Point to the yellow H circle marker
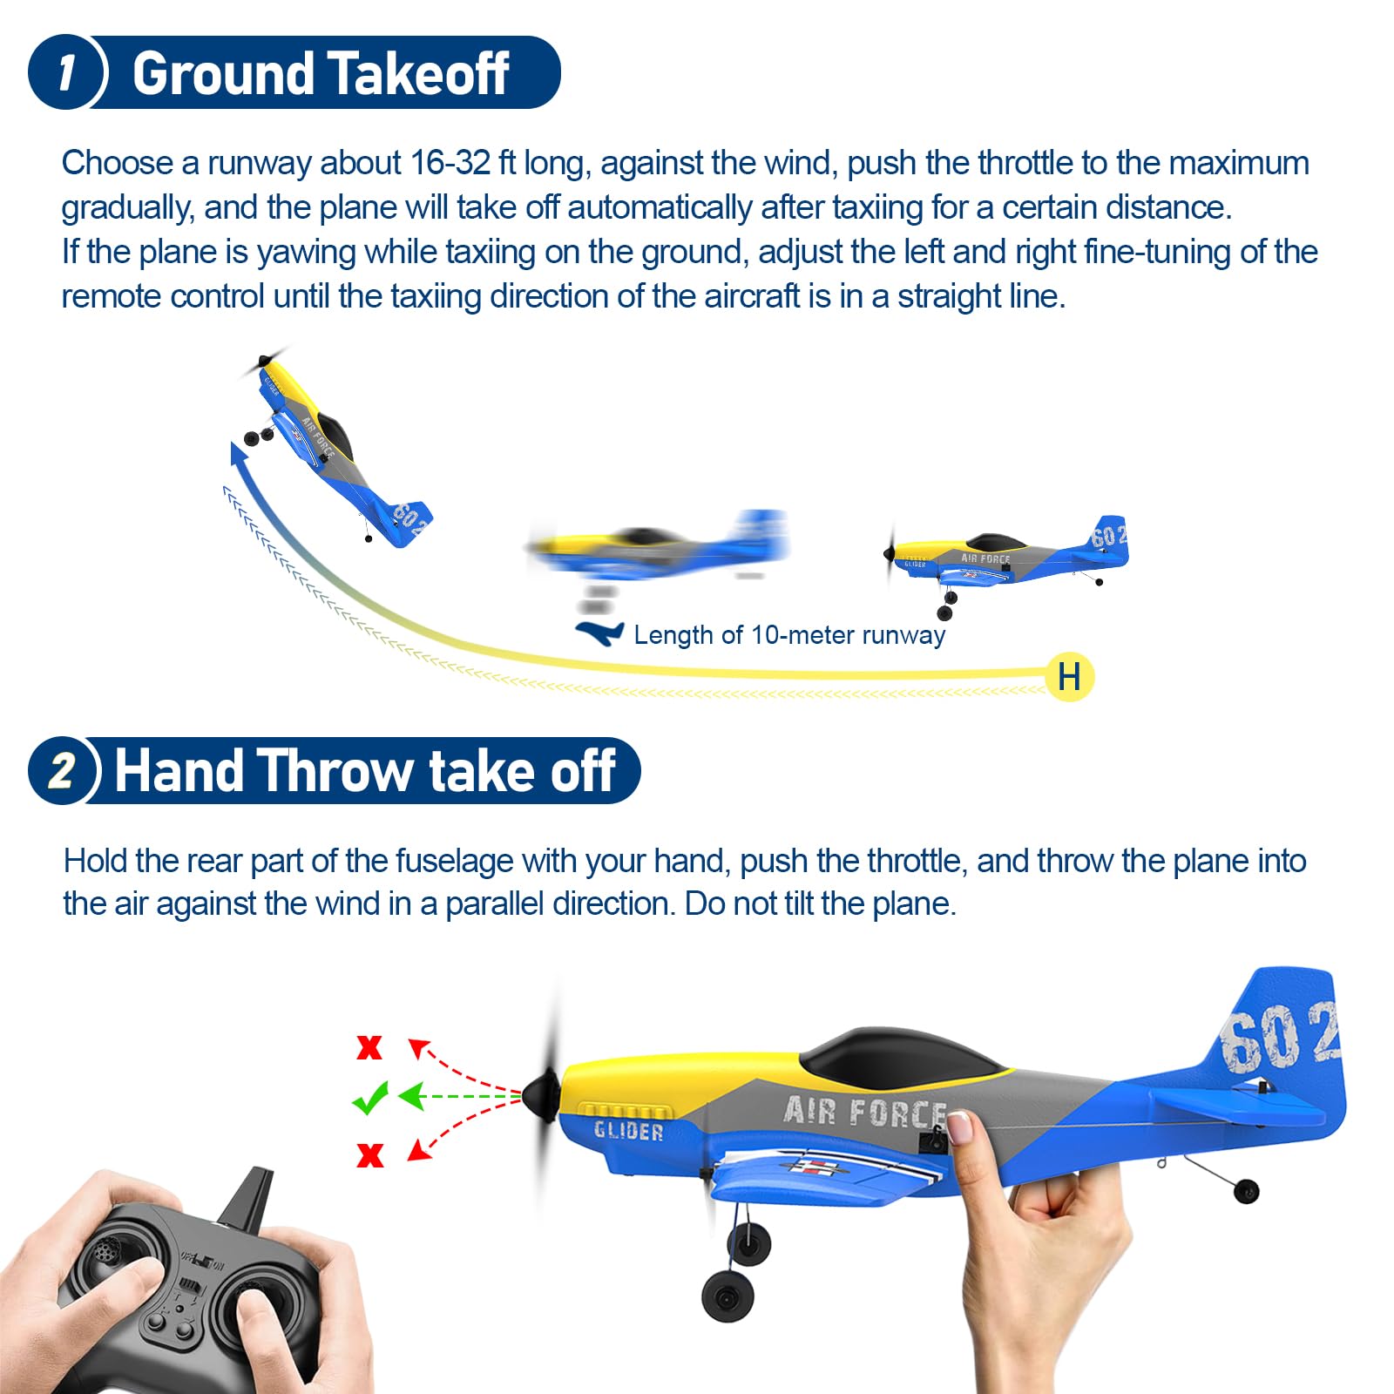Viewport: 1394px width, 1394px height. click(x=1069, y=677)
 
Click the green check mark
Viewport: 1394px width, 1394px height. click(x=370, y=1098)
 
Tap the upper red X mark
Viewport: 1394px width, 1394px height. click(x=369, y=1047)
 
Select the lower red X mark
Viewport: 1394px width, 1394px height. click(x=370, y=1155)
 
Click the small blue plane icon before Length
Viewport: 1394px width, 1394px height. click(x=600, y=633)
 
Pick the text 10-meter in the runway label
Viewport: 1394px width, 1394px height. click(x=802, y=635)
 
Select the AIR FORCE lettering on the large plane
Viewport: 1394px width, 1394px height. click(x=864, y=1113)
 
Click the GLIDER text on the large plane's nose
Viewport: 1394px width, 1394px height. click(x=628, y=1131)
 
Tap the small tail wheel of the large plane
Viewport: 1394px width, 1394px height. click(x=1247, y=1191)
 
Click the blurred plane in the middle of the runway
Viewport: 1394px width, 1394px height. click(x=658, y=549)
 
